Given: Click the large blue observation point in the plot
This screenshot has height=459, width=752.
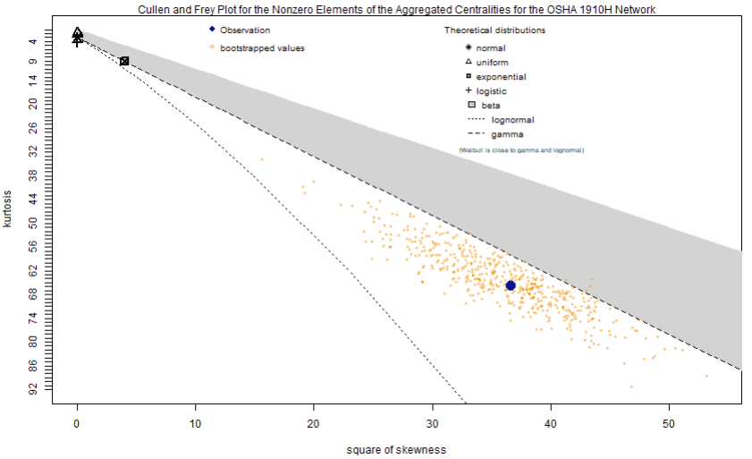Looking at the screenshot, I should pos(511,285).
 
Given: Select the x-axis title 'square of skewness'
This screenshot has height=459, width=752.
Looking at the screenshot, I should pos(395,449).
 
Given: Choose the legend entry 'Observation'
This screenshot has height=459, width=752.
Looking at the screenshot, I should pos(244,30).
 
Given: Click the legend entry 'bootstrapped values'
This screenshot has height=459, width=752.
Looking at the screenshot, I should pos(262,47).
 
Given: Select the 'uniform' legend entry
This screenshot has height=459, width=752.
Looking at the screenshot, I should pos(492,63).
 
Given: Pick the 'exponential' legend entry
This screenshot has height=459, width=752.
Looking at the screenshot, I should pos(501,77).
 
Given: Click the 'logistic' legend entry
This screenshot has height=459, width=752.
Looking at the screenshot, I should pos(491,91).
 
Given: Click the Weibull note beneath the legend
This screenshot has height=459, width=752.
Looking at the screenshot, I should pos(521,150).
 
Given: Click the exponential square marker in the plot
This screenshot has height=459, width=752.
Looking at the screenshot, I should pos(124,61).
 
